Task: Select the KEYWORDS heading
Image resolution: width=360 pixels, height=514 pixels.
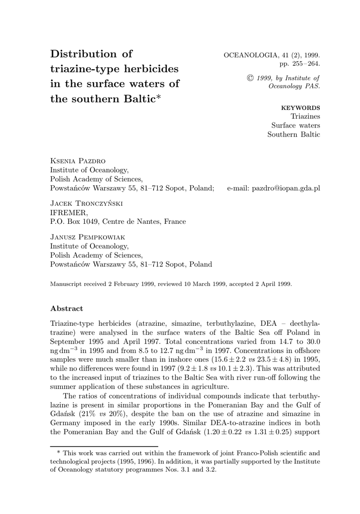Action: click(x=301, y=107)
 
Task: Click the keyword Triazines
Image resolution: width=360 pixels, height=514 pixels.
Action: click(x=305, y=116)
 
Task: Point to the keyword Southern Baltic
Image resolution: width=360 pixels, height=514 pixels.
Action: click(x=294, y=135)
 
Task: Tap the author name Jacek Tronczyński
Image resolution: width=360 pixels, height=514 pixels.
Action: click(x=86, y=203)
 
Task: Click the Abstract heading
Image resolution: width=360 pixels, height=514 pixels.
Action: click(x=67, y=308)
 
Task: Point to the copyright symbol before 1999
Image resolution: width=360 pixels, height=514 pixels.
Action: click(x=251, y=78)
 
